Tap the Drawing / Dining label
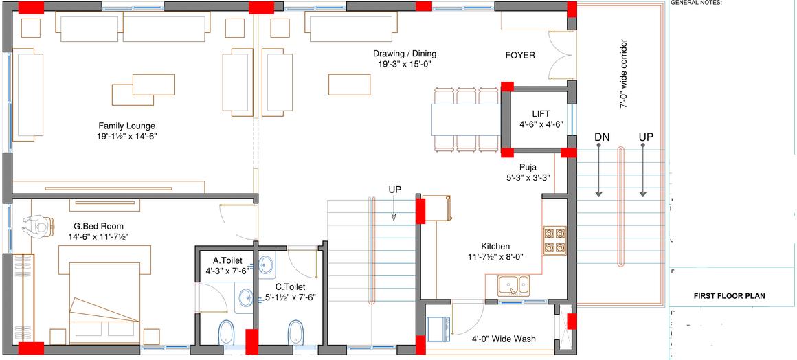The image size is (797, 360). tap(405, 54)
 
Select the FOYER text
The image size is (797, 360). tap(520, 55)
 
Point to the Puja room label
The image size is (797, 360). tap(528, 166)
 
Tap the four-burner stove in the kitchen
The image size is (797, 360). tap(554, 239)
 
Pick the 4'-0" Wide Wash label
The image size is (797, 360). tap(504, 339)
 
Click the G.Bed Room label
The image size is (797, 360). tap(98, 226)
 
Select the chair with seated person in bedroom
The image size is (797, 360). tap(38, 225)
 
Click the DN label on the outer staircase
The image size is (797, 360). tap(602, 137)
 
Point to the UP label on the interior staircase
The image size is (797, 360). tap(394, 190)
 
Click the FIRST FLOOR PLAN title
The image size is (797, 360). tap(729, 296)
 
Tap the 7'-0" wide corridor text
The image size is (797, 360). tap(623, 74)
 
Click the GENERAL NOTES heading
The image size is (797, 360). tap(695, 3)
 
